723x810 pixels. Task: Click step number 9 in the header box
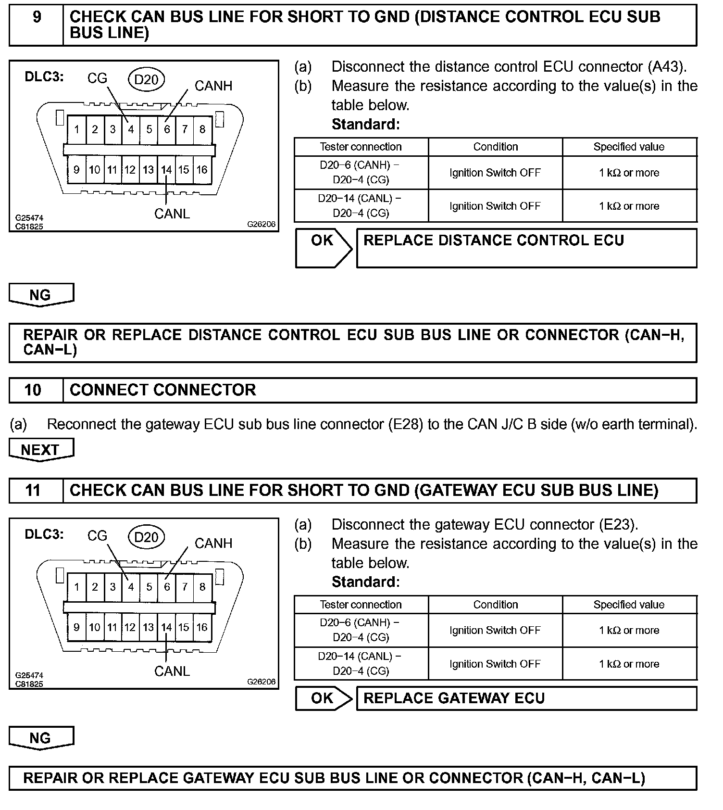(37, 17)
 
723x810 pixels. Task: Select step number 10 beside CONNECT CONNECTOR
(33, 390)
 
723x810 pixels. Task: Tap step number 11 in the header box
(33, 491)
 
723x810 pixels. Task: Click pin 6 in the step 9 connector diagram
(167, 129)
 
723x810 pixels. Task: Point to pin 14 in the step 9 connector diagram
(166, 170)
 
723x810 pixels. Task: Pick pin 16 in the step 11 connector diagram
(202, 627)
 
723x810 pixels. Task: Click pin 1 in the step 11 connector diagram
(77, 587)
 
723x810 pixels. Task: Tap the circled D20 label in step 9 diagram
(146, 79)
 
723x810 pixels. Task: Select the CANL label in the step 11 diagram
(172, 671)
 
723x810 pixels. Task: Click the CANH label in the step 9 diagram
(213, 86)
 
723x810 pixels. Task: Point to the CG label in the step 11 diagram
(97, 536)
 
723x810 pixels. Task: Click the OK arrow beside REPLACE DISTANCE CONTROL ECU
(324, 247)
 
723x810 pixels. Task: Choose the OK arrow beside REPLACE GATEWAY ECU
(324, 698)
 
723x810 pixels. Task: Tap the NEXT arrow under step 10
(41, 450)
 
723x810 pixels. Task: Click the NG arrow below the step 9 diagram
(41, 295)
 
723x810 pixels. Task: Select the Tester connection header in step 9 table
(361, 147)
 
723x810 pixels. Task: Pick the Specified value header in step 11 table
(629, 605)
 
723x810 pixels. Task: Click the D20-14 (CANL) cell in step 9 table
(360, 205)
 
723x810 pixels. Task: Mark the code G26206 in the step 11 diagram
(262, 682)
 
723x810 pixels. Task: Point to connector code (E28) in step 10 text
(405, 425)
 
